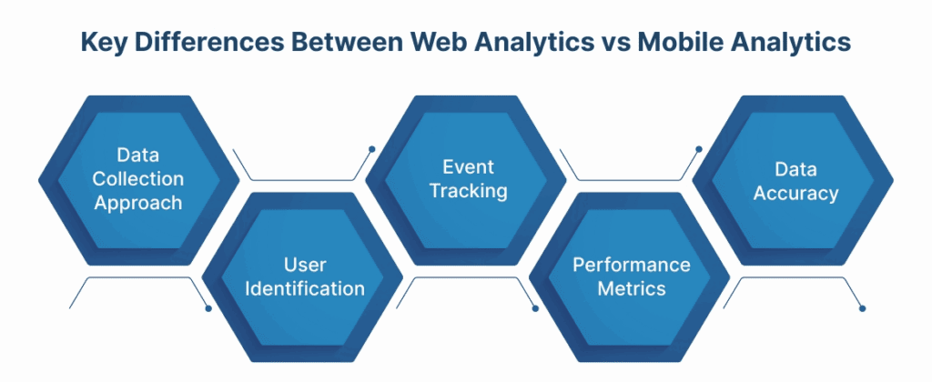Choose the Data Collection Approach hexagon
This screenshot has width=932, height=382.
[137, 180]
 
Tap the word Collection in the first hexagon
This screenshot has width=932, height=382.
[137, 179]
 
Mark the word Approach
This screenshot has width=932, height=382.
[137, 203]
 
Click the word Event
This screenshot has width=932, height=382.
[468, 167]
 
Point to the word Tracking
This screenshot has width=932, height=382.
[468, 191]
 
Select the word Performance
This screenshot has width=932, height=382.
[631, 266]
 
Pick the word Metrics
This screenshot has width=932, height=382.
[631, 289]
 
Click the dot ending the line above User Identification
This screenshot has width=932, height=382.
[371, 148]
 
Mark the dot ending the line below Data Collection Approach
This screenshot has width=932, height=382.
[208, 308]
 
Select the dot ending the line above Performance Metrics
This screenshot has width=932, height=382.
[699, 148]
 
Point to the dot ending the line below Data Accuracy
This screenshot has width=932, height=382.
[863, 308]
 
